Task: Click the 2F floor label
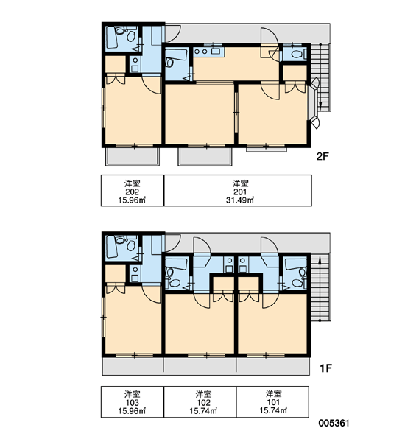click(x=323, y=156)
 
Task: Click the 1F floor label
click(x=325, y=368)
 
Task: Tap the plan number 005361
click(x=334, y=423)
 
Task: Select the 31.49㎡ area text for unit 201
click(x=240, y=200)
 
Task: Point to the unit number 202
click(x=133, y=192)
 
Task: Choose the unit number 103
click(x=133, y=402)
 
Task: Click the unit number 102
click(x=203, y=402)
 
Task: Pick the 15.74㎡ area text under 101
click(x=273, y=411)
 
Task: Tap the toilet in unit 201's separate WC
click(x=297, y=54)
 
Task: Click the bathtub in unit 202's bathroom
click(x=112, y=38)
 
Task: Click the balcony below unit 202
click(x=133, y=156)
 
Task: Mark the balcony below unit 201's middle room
click(x=205, y=156)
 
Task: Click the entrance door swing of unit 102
click(x=202, y=247)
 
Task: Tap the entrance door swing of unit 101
click(x=270, y=247)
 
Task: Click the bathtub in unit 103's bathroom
click(x=112, y=247)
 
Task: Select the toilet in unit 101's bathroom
click(x=303, y=273)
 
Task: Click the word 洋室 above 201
click(x=240, y=183)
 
